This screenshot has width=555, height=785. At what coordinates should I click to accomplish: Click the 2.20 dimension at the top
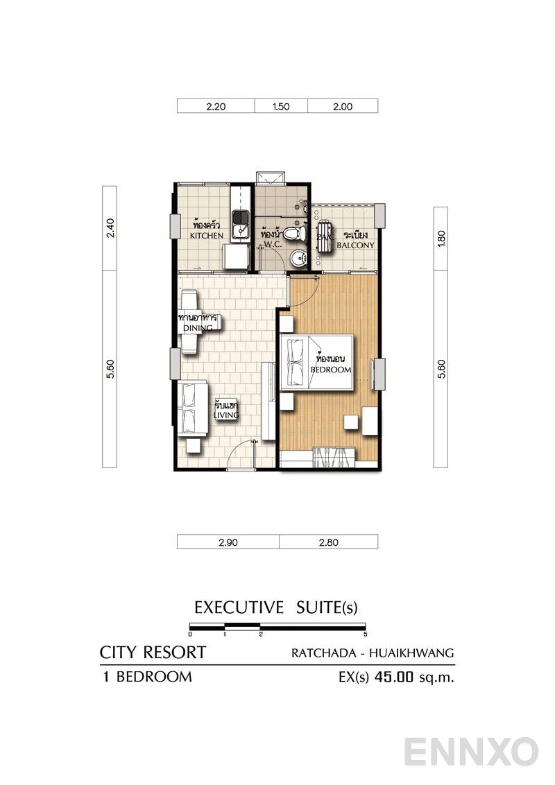(x=216, y=107)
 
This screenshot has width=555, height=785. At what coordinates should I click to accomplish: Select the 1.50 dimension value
(x=281, y=107)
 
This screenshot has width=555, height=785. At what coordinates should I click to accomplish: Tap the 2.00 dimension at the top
(x=343, y=107)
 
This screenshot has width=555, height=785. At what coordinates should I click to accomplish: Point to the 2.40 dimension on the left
(x=110, y=228)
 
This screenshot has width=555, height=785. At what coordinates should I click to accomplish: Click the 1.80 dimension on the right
(x=441, y=239)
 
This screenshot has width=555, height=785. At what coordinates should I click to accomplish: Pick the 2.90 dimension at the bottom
(x=228, y=543)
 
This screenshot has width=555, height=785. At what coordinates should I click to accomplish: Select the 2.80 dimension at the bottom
(x=328, y=543)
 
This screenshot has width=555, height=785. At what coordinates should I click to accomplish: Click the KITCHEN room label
(x=207, y=236)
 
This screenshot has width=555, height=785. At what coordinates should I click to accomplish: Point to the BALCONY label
(x=355, y=245)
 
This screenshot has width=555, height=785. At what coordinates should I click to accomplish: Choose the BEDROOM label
(x=331, y=370)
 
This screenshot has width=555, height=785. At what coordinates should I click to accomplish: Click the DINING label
(x=197, y=327)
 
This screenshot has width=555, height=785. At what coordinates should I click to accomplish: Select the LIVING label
(x=226, y=415)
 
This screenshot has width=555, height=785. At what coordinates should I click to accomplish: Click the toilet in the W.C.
(x=299, y=232)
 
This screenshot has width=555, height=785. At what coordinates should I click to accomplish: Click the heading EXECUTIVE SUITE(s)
(x=275, y=608)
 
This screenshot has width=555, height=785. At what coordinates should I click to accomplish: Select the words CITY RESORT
(x=153, y=653)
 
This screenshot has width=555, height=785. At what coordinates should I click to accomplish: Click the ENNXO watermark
(x=471, y=752)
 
